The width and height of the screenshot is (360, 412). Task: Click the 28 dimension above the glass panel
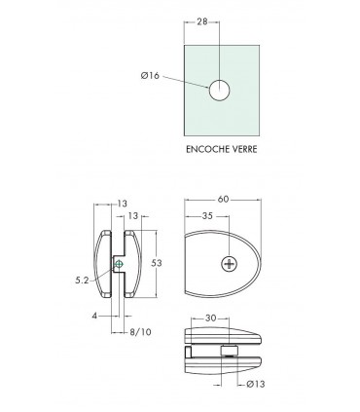[202, 21]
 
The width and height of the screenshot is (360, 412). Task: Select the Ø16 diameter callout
[150, 76]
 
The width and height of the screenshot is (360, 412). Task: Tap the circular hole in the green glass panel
[219, 90]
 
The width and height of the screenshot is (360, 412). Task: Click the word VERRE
[245, 149]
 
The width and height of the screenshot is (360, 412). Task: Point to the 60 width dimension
[223, 200]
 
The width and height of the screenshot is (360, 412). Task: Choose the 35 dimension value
[207, 216]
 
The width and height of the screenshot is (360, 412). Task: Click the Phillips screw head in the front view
[230, 264]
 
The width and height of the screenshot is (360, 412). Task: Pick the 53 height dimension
[157, 263]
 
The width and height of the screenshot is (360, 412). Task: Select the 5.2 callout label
[82, 281]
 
